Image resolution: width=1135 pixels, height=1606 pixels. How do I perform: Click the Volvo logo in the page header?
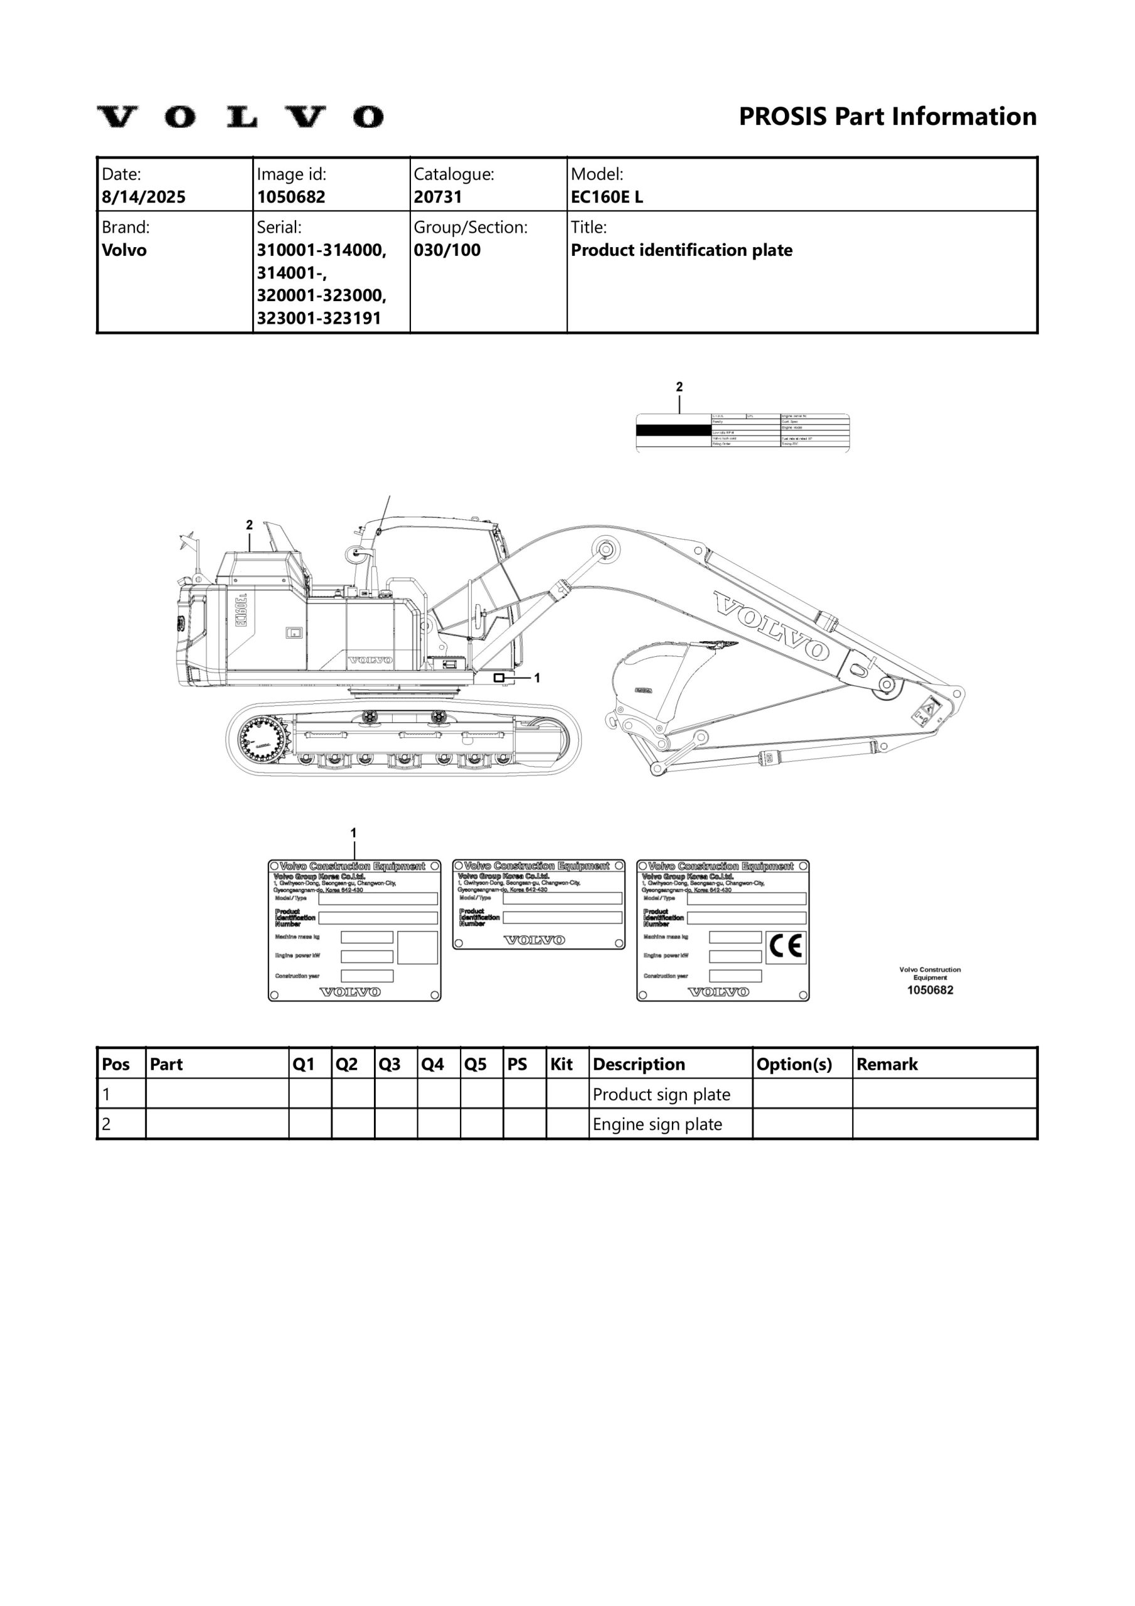point(240,117)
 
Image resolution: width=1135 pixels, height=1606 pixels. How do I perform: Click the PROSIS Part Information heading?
point(887,116)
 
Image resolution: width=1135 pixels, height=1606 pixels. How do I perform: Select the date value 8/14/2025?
point(144,196)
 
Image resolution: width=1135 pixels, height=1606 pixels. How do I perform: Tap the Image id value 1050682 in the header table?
point(291,196)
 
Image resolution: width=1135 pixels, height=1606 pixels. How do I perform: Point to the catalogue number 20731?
point(437,196)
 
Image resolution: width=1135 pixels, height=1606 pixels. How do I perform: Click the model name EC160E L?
point(606,196)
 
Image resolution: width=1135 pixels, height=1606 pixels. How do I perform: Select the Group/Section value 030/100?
point(447,250)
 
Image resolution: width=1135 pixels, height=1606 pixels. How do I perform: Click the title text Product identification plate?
point(681,250)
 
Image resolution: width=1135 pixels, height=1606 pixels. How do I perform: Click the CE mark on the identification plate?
point(785,947)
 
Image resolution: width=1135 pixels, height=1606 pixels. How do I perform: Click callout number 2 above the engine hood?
point(249,524)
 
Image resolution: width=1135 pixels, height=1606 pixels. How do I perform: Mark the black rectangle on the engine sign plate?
point(673,430)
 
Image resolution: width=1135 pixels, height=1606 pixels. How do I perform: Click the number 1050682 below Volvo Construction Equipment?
point(929,990)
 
